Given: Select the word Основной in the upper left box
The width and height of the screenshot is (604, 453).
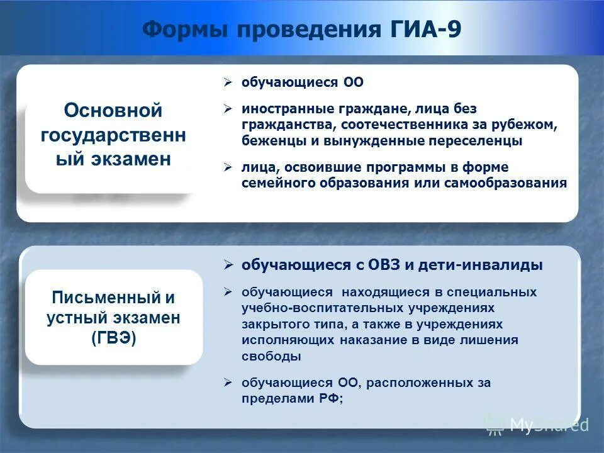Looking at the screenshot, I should click(113, 111).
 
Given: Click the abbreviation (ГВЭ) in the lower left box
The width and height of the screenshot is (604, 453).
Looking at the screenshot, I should click(113, 338).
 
